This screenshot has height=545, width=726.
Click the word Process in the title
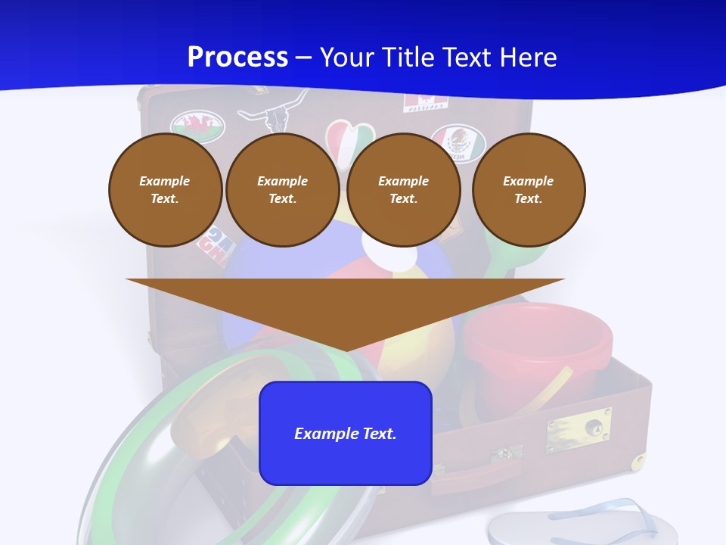237,58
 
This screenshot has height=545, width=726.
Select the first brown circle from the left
165,190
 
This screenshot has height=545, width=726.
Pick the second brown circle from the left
282,190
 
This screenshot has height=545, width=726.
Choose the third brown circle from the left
403,190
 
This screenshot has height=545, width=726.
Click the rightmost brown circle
529,190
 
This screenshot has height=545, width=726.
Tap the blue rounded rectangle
346,433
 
